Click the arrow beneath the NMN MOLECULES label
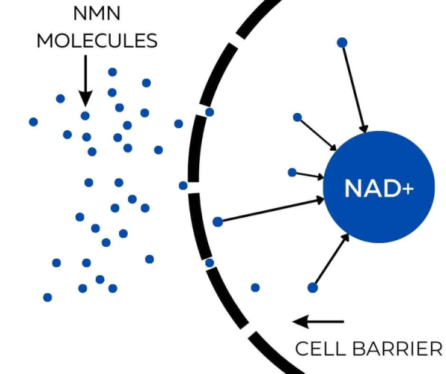(85, 79)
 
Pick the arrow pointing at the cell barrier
(318, 322)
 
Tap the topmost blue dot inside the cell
(342, 42)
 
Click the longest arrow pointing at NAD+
(271, 210)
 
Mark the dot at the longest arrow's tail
(217, 222)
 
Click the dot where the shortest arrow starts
(292, 173)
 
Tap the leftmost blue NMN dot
(33, 121)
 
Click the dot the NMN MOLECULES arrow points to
(85, 115)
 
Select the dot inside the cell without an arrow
(255, 287)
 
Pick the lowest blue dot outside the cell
(48, 297)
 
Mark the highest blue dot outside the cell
(112, 72)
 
